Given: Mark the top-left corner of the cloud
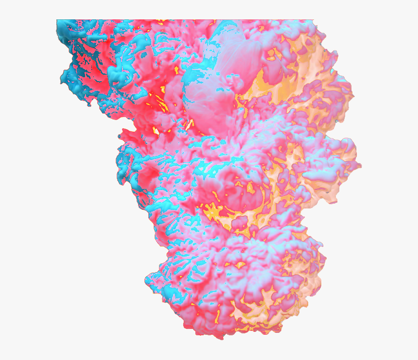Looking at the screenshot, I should point(57,20).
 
